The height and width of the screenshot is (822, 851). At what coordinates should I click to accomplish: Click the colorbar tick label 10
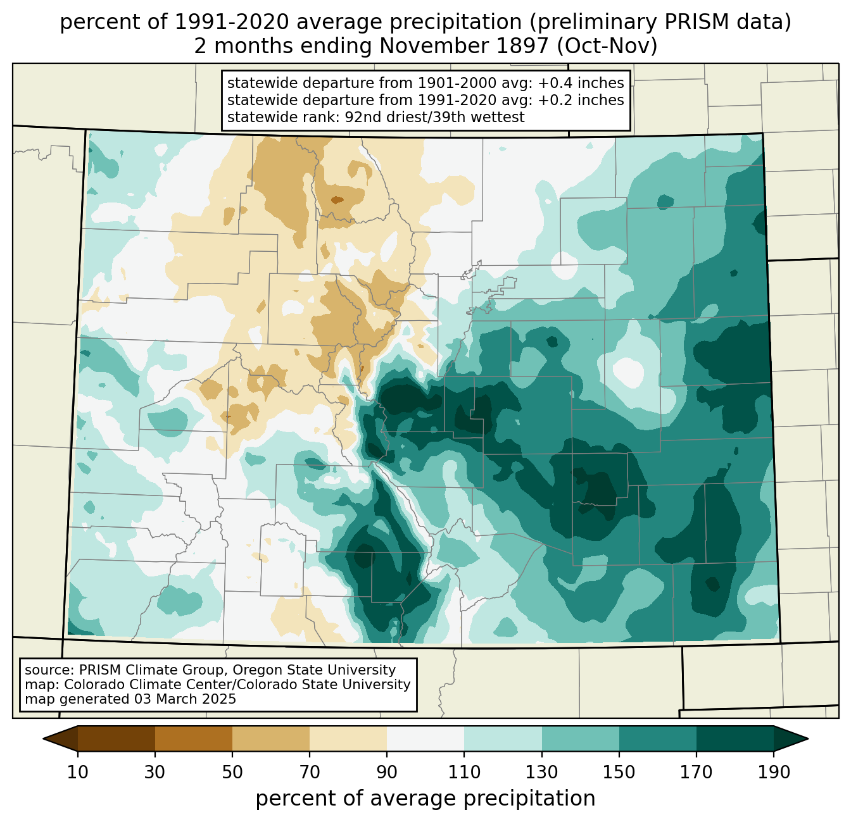tap(77, 772)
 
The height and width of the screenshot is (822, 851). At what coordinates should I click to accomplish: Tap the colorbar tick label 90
tap(387, 772)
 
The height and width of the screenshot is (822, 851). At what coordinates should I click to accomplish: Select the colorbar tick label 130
tap(541, 772)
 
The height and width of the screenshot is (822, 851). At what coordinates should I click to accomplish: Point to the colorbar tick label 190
tap(774, 772)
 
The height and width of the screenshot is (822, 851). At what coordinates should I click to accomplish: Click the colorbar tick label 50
tap(232, 772)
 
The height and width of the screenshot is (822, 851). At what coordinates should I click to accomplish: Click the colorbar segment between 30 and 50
tap(193, 738)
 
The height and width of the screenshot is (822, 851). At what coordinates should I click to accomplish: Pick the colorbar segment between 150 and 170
tap(657, 738)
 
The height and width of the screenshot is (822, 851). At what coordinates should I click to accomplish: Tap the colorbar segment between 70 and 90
tap(348, 738)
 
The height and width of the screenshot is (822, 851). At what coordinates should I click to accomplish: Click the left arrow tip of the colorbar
tap(43, 738)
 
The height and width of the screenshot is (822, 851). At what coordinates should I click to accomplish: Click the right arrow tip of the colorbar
tap(808, 738)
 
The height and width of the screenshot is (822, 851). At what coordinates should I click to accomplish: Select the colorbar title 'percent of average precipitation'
tap(425, 799)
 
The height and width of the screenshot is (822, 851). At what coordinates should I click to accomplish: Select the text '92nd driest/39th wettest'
tap(434, 117)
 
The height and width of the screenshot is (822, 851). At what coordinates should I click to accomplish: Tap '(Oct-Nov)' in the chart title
tap(607, 46)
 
